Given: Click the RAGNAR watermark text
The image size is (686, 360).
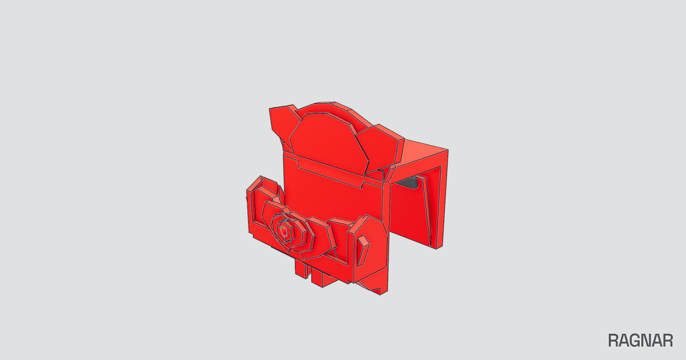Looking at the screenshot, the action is (x=640, y=341).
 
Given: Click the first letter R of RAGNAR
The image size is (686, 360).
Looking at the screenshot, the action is (x=613, y=341).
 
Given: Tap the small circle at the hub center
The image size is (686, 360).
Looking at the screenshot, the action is (x=284, y=232).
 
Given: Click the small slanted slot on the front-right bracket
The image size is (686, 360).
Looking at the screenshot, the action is (x=363, y=250).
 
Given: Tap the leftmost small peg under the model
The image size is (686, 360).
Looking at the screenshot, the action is (x=301, y=269).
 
